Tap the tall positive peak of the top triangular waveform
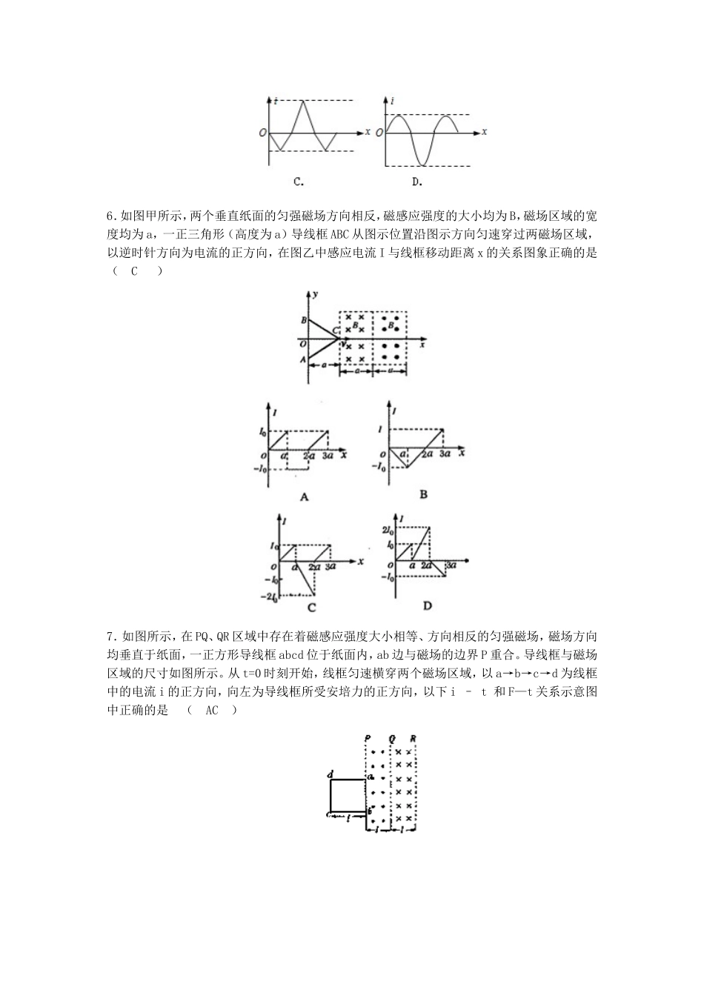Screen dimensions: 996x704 (303, 101)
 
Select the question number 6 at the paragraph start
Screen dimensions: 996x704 (110, 216)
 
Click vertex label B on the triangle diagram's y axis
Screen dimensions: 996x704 (303, 320)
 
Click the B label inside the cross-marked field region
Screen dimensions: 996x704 (356, 325)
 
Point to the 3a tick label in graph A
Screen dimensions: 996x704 (328, 457)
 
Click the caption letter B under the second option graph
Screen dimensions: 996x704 (423, 494)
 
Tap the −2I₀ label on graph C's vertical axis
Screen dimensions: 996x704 (268, 595)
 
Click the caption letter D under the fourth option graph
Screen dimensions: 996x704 (428, 605)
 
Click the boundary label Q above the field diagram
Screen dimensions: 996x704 (391, 738)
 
